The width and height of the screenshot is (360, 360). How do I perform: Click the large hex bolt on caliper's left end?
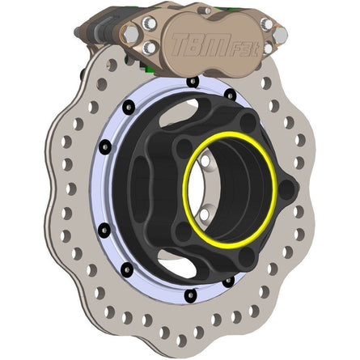click(130, 34)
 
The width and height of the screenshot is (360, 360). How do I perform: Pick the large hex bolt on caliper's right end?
click(279, 36)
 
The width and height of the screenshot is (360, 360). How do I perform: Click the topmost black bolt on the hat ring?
click(191, 81)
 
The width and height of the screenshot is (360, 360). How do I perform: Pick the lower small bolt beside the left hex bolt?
click(150, 49)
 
